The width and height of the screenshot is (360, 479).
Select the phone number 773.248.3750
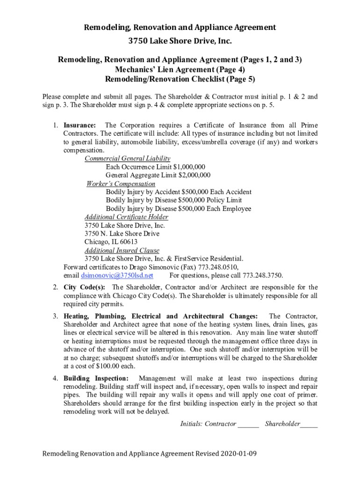click(x=264, y=275)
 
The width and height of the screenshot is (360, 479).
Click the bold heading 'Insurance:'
click(x=80, y=125)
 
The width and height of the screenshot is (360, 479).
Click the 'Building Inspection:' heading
click(x=96, y=378)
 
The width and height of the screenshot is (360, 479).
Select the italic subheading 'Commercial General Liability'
click(x=127, y=159)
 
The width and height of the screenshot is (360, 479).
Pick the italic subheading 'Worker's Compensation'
click(x=121, y=184)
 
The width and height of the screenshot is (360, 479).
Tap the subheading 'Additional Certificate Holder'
click(x=126, y=217)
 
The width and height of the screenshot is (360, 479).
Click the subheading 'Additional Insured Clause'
click(x=122, y=250)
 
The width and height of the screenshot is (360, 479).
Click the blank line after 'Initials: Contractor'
click(x=248, y=424)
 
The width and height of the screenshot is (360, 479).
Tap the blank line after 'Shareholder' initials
click(x=309, y=424)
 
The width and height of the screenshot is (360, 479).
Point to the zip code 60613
click(x=128, y=242)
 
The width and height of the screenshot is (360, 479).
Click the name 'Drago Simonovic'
click(x=139, y=267)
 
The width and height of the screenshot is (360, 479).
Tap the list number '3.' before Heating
click(x=55, y=316)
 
